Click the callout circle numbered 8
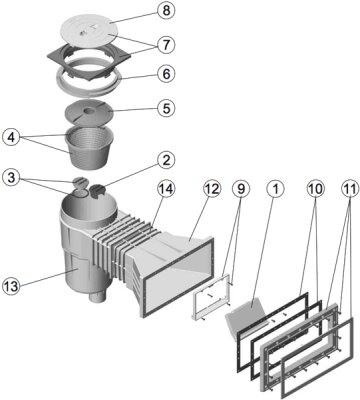166,10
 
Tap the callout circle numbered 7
166,45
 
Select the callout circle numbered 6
166,73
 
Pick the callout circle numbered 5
166,108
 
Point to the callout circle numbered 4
12,138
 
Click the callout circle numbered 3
12,178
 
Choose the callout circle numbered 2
166,161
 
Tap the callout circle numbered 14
166,190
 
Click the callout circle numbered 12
212,189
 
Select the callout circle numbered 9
241,189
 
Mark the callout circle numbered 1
275,189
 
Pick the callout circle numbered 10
315,189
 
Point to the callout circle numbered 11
350,189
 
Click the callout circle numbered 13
12,286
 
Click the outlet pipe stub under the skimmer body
98,296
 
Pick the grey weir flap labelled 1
246,313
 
